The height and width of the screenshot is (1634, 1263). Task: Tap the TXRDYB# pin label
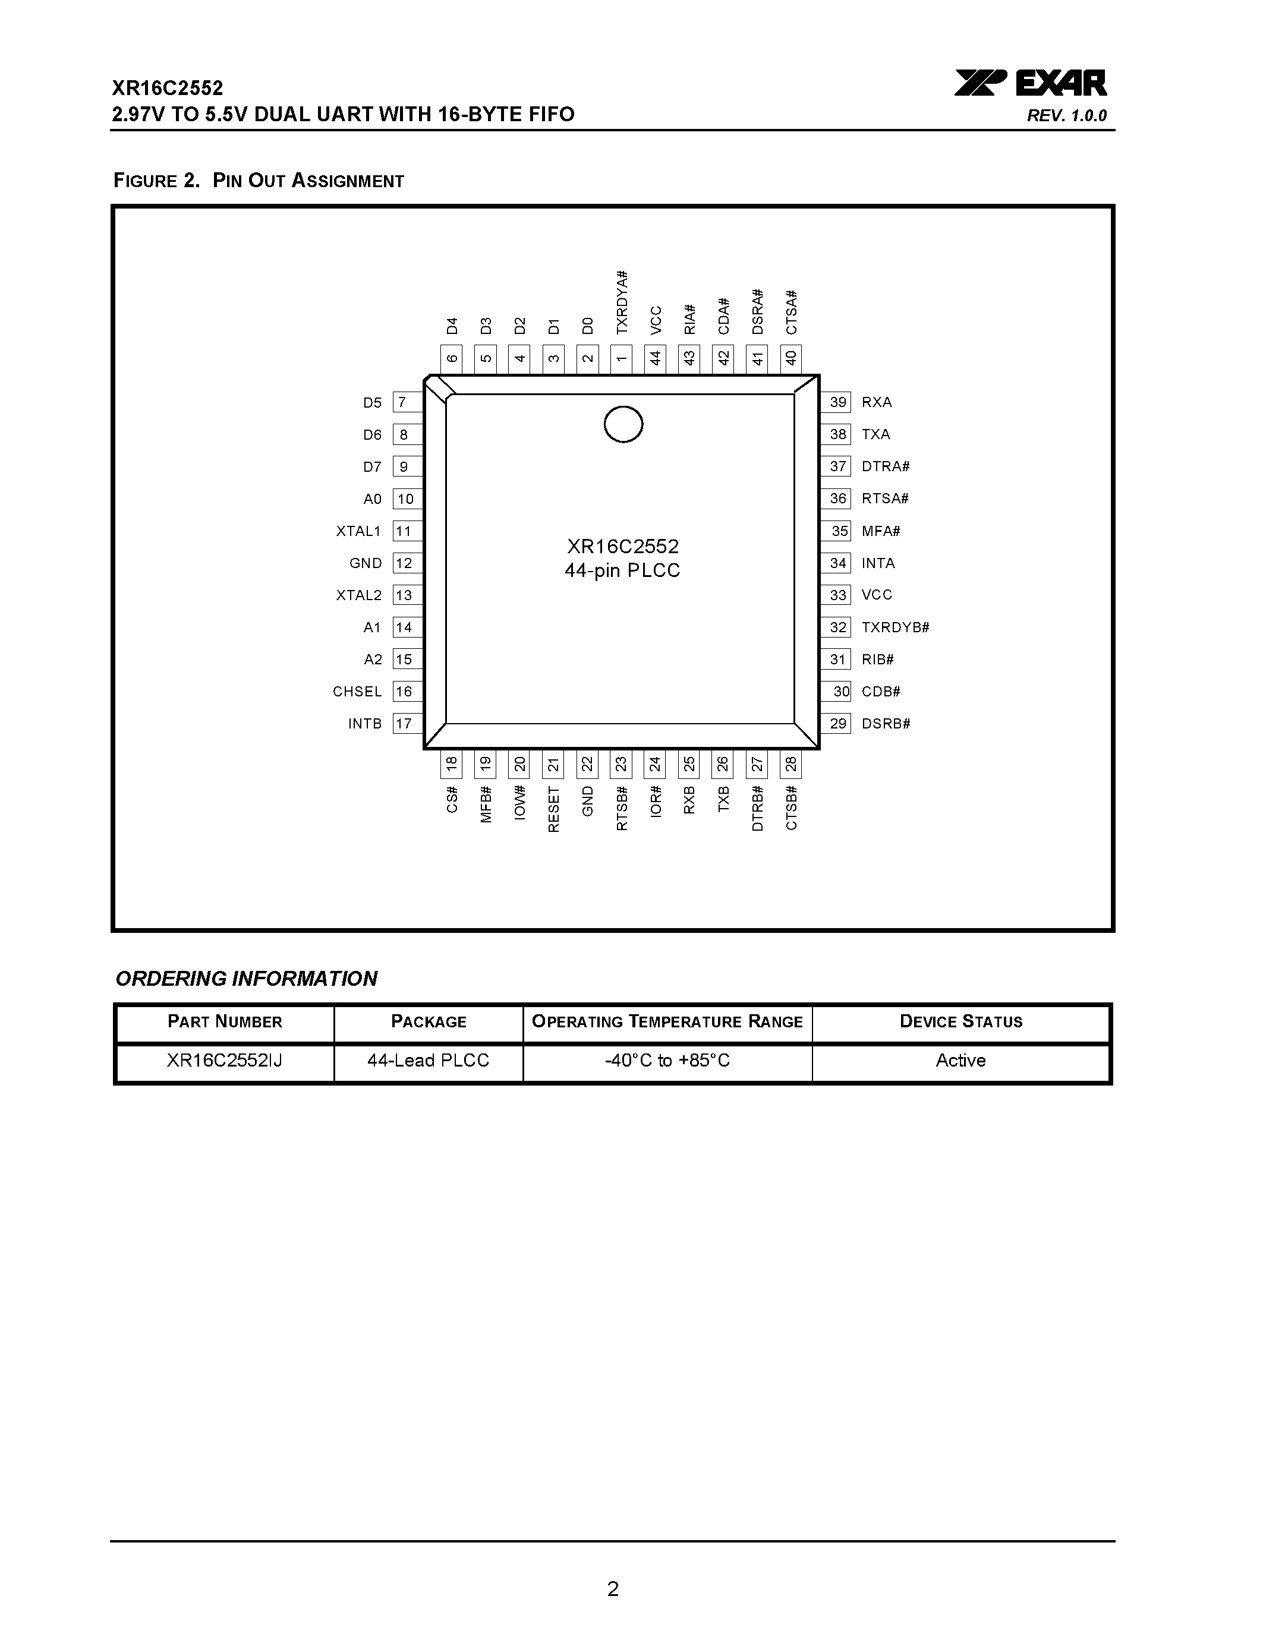pos(895,627)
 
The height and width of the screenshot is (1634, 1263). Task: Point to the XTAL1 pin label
pos(358,531)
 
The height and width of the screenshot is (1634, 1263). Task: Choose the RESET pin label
pos(554,809)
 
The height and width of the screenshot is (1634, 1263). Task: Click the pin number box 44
pos(656,358)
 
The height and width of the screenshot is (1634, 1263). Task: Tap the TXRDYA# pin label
pos(622,302)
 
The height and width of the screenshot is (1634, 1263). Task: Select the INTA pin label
pos(878,563)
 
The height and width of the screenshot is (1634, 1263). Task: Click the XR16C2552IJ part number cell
pos(225,1060)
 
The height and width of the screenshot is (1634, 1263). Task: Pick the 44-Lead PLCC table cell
pos(428,1060)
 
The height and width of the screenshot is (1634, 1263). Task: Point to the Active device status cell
pos(960,1060)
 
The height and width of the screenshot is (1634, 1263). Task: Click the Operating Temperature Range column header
pos(667,1022)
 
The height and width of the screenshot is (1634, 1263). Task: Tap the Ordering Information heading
pos(246,979)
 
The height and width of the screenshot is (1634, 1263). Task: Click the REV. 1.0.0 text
pos(1066,116)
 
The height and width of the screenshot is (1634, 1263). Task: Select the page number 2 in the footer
pos(613,1588)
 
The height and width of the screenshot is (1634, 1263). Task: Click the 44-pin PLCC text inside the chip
pos(622,571)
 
